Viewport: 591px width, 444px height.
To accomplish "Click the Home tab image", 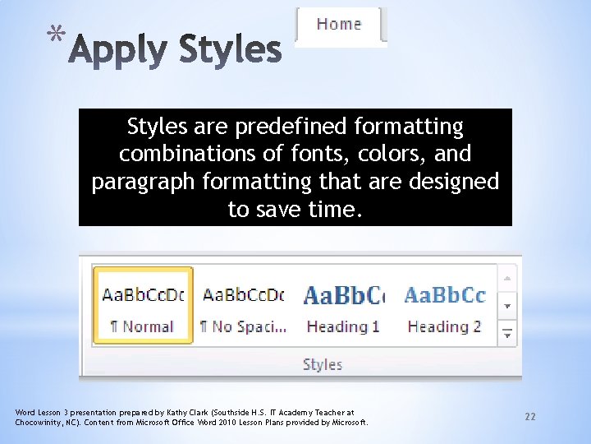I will tap(340, 25).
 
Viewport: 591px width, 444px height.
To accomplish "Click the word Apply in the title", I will tap(120, 50).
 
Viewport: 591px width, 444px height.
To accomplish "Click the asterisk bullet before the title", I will tap(55, 35).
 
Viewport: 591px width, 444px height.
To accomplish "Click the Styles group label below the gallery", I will tap(322, 364).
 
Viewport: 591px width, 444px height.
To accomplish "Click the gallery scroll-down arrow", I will tap(508, 305).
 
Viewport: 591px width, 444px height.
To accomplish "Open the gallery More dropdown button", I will tap(508, 333).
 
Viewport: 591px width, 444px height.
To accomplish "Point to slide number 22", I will tap(530, 417).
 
